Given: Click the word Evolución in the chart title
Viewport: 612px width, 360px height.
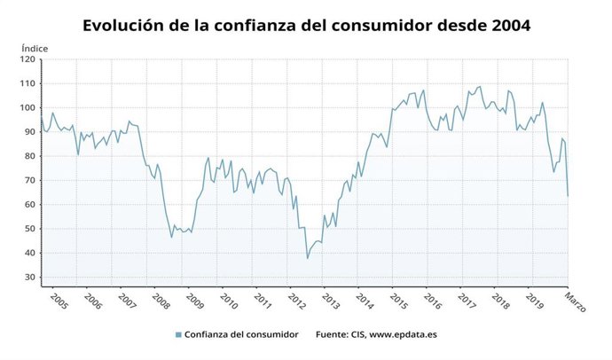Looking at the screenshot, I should click(124, 26).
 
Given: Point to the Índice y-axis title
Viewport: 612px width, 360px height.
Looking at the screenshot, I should click(35, 47).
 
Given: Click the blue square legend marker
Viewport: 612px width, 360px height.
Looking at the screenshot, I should click(178, 334).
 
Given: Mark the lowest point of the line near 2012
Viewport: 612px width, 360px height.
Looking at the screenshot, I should click(308, 258).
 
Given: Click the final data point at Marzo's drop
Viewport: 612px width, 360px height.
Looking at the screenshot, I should click(568, 196).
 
